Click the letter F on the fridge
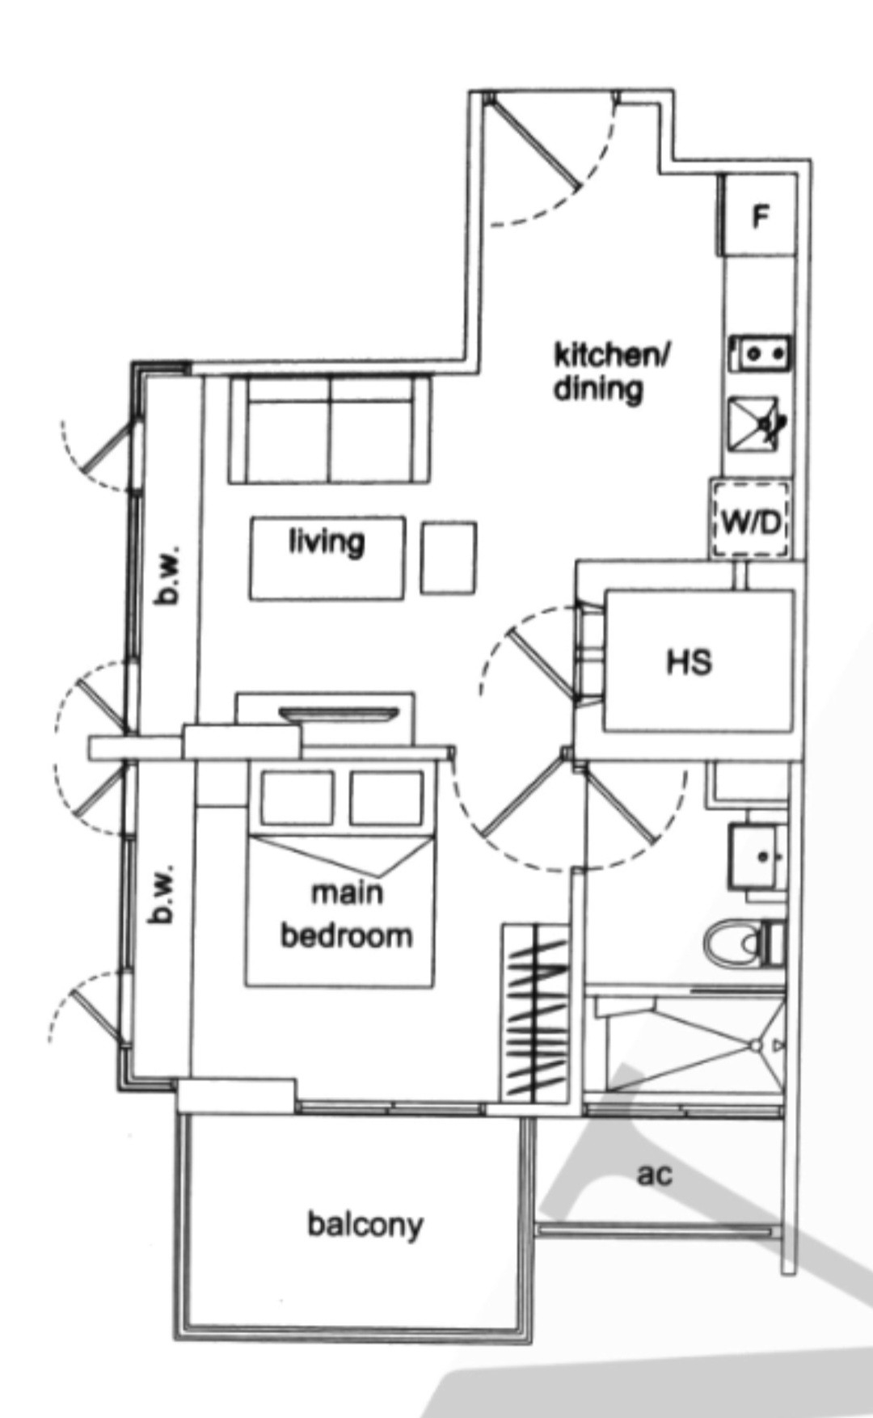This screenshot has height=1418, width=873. click(760, 217)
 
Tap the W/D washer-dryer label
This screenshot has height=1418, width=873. click(751, 521)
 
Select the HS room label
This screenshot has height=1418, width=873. click(690, 663)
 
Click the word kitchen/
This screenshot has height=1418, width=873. click(613, 355)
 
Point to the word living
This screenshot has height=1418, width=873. click(327, 542)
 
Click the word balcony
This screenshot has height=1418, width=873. click(365, 1225)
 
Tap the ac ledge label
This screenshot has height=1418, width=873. click(655, 1174)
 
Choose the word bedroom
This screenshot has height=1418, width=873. click(346, 935)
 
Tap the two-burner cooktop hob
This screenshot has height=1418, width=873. click(761, 353)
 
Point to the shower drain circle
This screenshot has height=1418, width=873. click(755, 1046)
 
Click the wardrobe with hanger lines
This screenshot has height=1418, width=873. click(534, 1012)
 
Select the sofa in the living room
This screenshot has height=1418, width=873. click(330, 429)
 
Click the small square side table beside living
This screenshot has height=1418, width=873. click(449, 557)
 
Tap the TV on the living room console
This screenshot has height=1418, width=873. click(339, 714)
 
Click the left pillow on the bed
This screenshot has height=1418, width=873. click(297, 798)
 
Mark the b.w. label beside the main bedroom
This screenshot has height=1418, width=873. click(162, 895)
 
